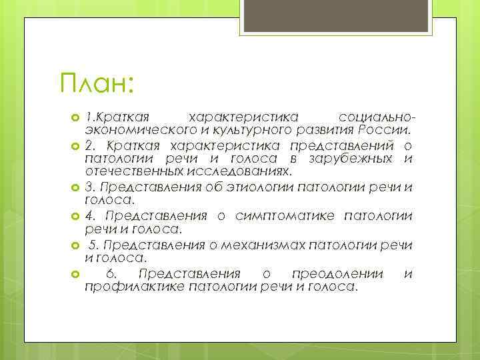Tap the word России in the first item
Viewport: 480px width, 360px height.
(407, 129)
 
